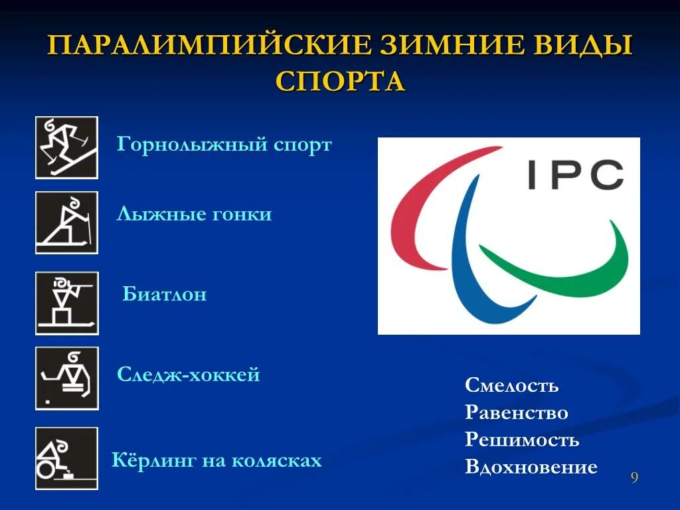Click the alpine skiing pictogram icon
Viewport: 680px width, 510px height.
point(66,147)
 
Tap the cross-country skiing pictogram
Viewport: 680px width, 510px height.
point(66,222)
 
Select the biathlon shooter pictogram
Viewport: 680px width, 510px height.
point(66,303)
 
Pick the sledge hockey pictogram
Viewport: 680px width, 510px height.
point(66,379)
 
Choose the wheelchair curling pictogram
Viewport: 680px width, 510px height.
point(66,458)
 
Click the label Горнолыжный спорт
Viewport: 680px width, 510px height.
point(224,145)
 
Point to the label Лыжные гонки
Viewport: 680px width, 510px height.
point(194,214)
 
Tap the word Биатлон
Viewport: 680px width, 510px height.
point(165,294)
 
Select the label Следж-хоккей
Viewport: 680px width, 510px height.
point(189,375)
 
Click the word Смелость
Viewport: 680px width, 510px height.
point(511,385)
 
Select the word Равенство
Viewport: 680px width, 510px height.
point(516,412)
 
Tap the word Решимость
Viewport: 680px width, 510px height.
point(522,440)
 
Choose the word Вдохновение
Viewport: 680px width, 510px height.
point(531,467)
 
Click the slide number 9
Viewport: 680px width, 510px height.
point(634,478)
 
